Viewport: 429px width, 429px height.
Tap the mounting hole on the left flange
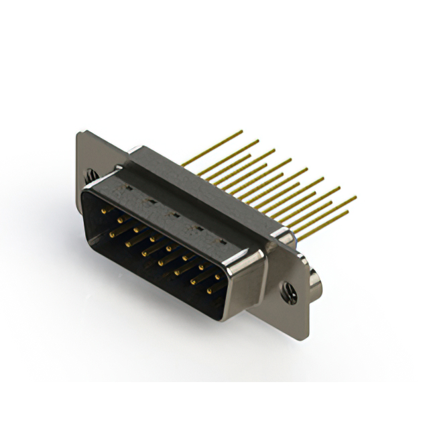coord(91,176)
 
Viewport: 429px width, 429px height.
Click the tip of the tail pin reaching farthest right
coord(355,197)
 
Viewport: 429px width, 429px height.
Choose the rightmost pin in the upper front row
coord(218,276)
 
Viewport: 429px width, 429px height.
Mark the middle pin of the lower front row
coord(161,261)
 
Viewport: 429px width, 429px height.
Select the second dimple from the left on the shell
coord(151,202)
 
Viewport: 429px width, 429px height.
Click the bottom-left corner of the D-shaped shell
coord(87,231)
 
